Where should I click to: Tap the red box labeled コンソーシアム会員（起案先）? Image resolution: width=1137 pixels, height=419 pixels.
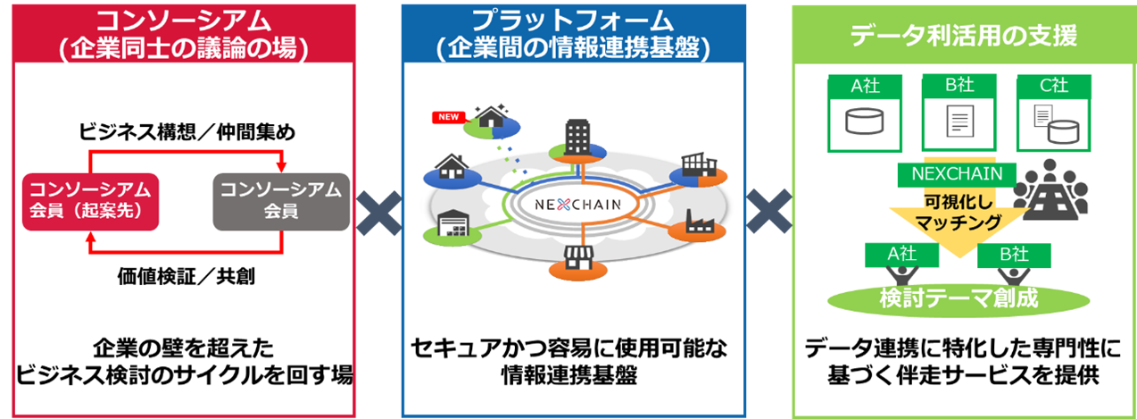87,200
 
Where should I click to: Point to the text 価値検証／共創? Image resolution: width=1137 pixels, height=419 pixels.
185,275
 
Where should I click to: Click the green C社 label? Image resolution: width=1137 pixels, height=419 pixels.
1054,88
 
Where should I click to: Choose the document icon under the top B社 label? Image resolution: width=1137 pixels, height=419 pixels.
959,120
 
